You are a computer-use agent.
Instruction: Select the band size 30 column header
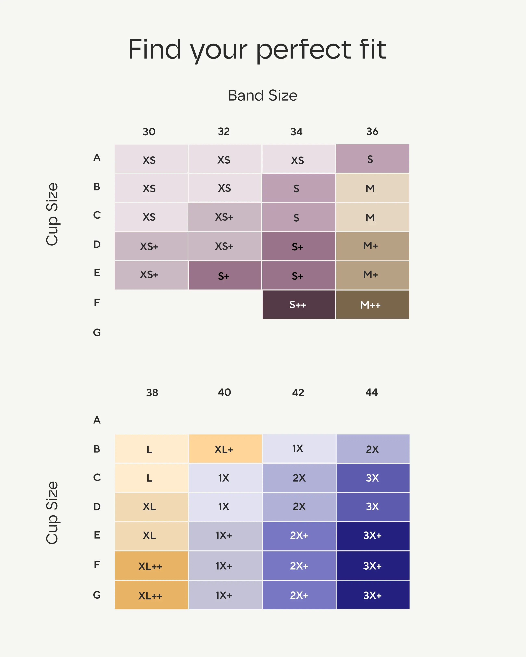[149, 132]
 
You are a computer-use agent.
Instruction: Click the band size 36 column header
[372, 132]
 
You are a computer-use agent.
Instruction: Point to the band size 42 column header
[298, 393]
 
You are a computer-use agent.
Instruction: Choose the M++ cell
[372, 305]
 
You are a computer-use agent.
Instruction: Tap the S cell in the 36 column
[372, 159]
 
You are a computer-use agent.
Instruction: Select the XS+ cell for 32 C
[225, 217]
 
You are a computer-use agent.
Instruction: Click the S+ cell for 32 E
[225, 275]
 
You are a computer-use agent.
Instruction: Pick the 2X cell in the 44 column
[372, 449]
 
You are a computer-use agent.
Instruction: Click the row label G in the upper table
[97, 332]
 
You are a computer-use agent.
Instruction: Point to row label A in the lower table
[97, 420]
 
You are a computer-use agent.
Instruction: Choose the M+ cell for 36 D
[372, 246]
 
